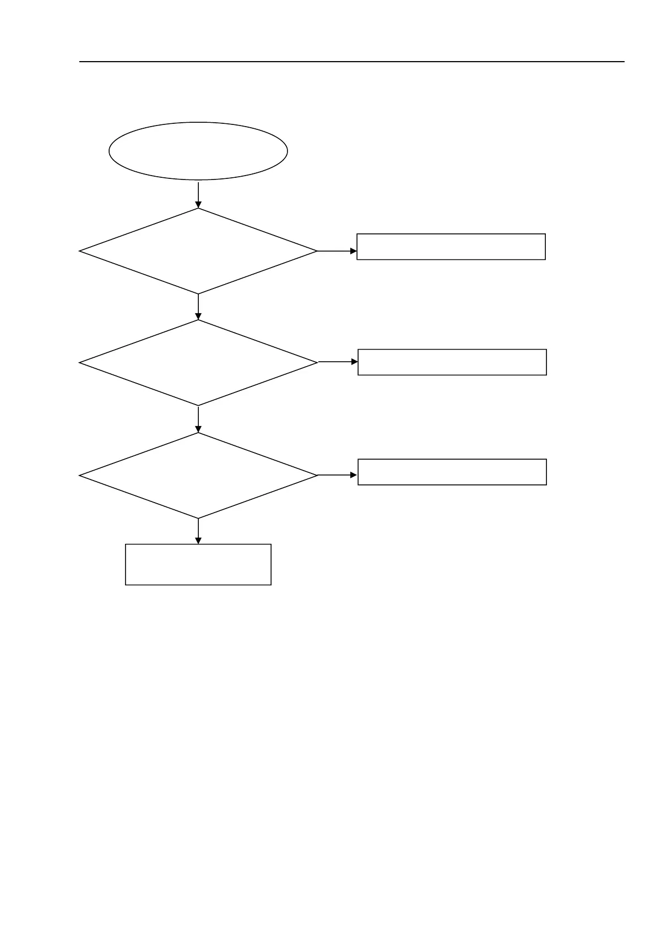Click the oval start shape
(x=198, y=151)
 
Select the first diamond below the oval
(x=198, y=251)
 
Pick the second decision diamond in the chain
(x=198, y=363)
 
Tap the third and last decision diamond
(x=198, y=476)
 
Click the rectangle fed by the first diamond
(x=451, y=247)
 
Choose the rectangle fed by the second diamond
(x=452, y=362)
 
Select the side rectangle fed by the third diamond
(x=452, y=472)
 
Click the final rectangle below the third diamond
(x=198, y=564)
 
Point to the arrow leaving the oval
(x=198, y=194)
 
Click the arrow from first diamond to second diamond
(x=198, y=307)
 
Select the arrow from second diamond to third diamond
(x=198, y=419)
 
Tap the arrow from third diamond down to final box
(x=198, y=531)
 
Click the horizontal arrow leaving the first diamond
(x=337, y=251)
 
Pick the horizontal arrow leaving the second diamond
(x=338, y=362)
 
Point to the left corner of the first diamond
(x=80, y=251)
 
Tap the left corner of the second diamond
(x=80, y=363)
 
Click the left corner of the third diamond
(x=80, y=476)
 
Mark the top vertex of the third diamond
(x=198, y=433)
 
